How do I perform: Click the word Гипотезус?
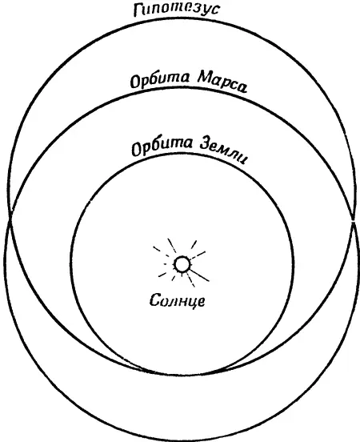[177, 10]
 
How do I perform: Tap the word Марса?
[222, 82]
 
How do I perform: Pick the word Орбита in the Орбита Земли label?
[162, 147]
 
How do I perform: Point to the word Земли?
[223, 151]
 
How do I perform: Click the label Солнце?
[177, 301]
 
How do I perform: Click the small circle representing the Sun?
[182, 264]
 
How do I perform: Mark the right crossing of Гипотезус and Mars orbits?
[353, 221]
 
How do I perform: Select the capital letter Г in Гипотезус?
[138, 11]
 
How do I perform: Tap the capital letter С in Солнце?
[154, 299]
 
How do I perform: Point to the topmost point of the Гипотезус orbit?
[182, 18]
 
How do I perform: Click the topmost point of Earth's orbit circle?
[182, 155]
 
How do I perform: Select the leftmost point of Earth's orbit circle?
[71, 263]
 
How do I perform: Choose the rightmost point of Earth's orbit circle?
[293, 263]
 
